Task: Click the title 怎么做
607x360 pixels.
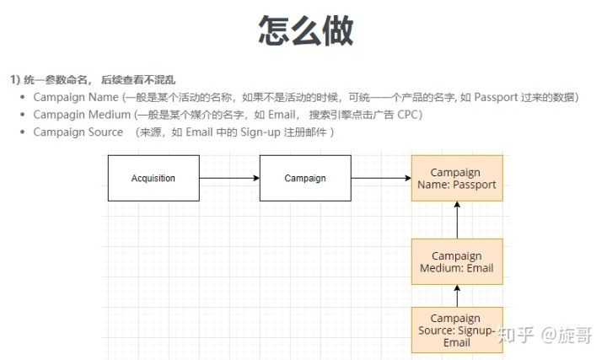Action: click(x=305, y=30)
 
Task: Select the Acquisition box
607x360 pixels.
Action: click(x=153, y=178)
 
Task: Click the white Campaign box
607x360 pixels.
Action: click(x=304, y=178)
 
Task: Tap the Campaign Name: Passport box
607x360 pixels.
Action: click(x=457, y=178)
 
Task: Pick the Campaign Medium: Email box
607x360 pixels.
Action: click(x=457, y=261)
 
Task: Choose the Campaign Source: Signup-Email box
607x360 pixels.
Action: click(x=457, y=330)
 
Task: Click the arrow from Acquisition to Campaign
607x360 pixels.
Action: click(x=228, y=178)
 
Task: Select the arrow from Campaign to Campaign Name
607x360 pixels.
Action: click(x=381, y=178)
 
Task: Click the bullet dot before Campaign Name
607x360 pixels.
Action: click(x=22, y=97)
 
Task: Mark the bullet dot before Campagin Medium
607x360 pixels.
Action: click(x=22, y=115)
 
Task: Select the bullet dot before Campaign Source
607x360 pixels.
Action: click(x=22, y=132)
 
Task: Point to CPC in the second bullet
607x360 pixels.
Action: click(x=408, y=115)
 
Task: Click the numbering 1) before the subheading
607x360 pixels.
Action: click(x=14, y=79)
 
